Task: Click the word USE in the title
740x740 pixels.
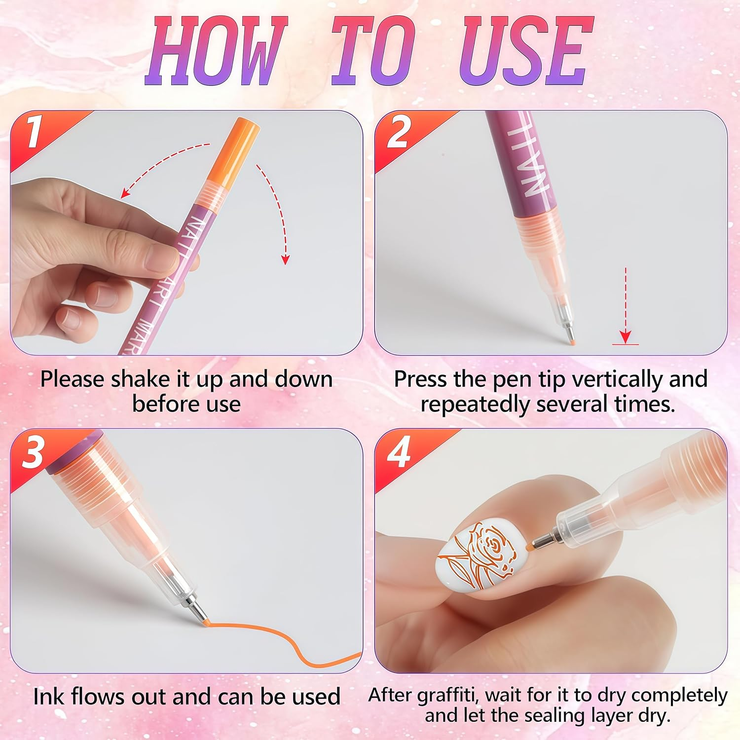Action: pos(525,52)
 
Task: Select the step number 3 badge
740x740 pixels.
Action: pos(34,451)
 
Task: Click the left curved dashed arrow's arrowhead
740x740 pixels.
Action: pos(126,193)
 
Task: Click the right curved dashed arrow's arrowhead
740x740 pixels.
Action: pos(285,259)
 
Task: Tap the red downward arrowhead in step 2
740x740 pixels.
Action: pos(625,337)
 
